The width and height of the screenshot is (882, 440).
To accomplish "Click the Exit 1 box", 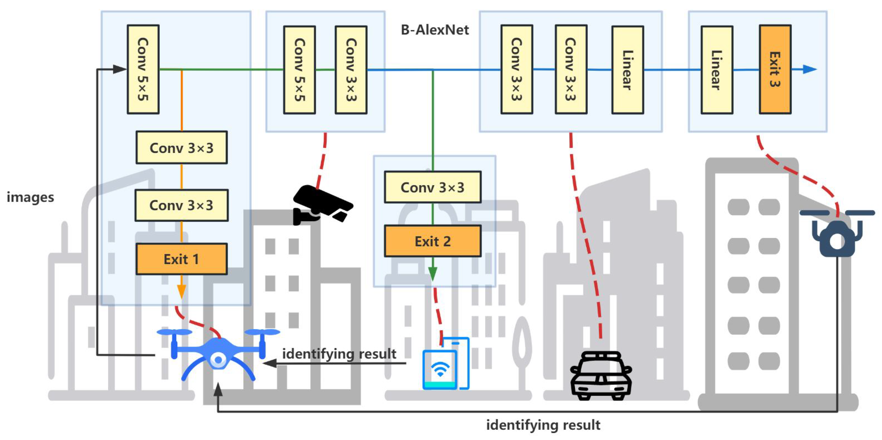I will coord(181,259).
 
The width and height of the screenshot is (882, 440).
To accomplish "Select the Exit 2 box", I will coord(433,241).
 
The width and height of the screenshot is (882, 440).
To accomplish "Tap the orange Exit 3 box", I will coord(775,69).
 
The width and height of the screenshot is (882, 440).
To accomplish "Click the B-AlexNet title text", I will coord(435,30).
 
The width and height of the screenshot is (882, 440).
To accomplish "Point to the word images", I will coord(31,198).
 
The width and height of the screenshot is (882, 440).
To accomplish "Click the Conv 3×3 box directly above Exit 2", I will coord(433,188).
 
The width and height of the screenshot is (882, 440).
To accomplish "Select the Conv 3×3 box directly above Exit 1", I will coord(181,205).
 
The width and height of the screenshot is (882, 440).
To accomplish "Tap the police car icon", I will coord(601,376).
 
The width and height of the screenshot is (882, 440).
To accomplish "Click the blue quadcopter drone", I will coord(218,355).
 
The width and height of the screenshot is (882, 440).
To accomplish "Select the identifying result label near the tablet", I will coord(339,354).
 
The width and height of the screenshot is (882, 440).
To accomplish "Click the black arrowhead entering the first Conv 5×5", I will coord(120,69).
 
